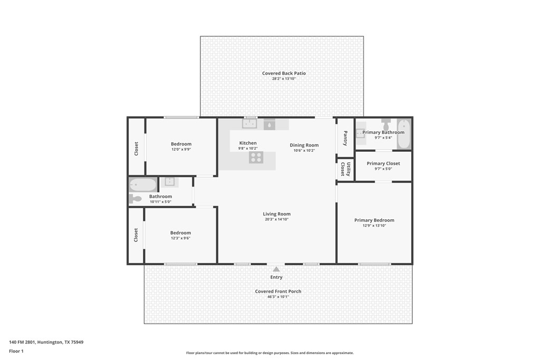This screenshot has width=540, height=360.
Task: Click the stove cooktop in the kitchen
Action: click(256, 157)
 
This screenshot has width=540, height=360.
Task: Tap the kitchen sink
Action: click(249, 123)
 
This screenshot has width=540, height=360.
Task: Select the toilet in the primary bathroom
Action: click(385, 125)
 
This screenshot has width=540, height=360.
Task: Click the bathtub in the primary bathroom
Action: click(404, 134)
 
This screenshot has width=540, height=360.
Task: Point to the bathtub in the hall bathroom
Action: click(143, 185)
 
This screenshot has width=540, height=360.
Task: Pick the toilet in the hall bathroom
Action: click(136, 199)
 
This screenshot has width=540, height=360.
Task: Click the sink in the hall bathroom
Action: click(169, 182)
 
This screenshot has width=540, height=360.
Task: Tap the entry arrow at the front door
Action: click(276, 269)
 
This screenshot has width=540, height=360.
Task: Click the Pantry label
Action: click(345, 138)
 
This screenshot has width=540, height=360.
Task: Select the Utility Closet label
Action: click(345, 169)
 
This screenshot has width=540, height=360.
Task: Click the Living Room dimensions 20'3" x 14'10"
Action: click(276, 219)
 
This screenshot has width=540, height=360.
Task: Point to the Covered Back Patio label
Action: click(284, 73)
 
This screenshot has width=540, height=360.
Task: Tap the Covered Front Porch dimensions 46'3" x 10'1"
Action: click(278, 297)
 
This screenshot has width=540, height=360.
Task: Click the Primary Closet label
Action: click(383, 163)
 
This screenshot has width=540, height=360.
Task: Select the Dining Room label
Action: click(304, 145)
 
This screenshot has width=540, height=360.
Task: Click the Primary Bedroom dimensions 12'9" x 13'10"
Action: click(374, 226)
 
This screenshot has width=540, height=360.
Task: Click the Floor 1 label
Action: click(16, 351)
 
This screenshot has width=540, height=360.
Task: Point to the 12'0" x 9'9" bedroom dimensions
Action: click(181, 149)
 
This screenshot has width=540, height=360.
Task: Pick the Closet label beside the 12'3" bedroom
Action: click(136, 235)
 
